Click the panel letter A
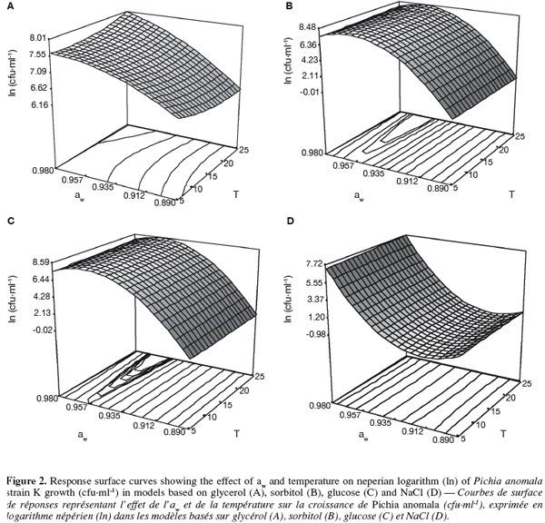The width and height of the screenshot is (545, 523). click(10, 6)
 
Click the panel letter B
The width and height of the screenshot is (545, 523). click(289, 6)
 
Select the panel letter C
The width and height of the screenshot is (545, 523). click(10, 221)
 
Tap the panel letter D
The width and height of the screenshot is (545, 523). click(290, 221)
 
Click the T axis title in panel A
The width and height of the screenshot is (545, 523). click(236, 194)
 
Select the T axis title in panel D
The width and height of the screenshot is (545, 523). click(504, 433)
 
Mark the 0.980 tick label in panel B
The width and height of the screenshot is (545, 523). click(314, 153)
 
